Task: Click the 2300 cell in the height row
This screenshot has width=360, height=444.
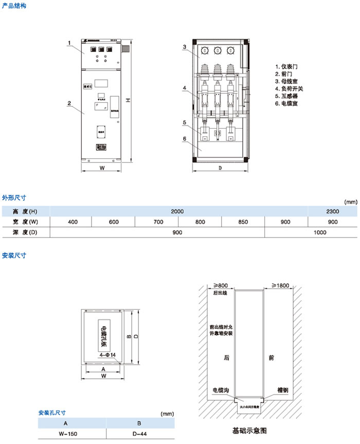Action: click(x=332, y=211)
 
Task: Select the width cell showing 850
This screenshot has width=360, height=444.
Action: click(x=243, y=222)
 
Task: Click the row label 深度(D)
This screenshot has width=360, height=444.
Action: click(x=25, y=233)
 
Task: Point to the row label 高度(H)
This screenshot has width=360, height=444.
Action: click(x=25, y=211)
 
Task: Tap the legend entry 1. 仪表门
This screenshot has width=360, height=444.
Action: click(x=286, y=67)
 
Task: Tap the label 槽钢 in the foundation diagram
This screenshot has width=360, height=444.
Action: click(x=282, y=390)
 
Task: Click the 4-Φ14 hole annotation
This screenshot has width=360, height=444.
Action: click(x=107, y=355)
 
